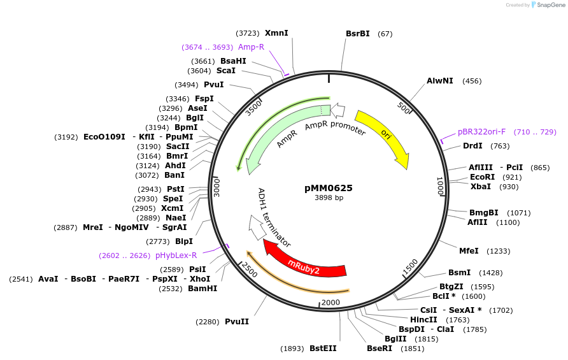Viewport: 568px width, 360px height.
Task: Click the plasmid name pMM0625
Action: tap(329, 188)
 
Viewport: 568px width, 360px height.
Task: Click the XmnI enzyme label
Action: tap(276, 32)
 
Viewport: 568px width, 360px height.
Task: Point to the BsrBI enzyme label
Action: tap(358, 33)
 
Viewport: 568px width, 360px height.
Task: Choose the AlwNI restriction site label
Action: tap(440, 81)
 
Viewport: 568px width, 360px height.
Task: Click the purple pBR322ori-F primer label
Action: tap(481, 132)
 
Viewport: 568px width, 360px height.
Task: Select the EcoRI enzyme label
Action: tap(482, 176)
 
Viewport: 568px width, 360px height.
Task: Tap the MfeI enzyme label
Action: tap(469, 251)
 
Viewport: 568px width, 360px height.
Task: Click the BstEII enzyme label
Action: tap(323, 349)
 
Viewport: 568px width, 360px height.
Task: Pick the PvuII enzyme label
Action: tap(237, 322)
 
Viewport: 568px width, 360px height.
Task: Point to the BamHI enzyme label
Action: tap(202, 288)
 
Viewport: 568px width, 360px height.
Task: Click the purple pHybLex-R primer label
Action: tap(176, 256)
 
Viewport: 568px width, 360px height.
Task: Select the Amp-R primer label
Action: tap(251, 47)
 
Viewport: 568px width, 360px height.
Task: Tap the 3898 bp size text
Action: tap(329, 198)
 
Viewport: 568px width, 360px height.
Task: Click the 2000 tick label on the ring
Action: tap(330, 302)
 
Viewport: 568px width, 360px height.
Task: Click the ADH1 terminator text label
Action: tap(274, 218)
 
